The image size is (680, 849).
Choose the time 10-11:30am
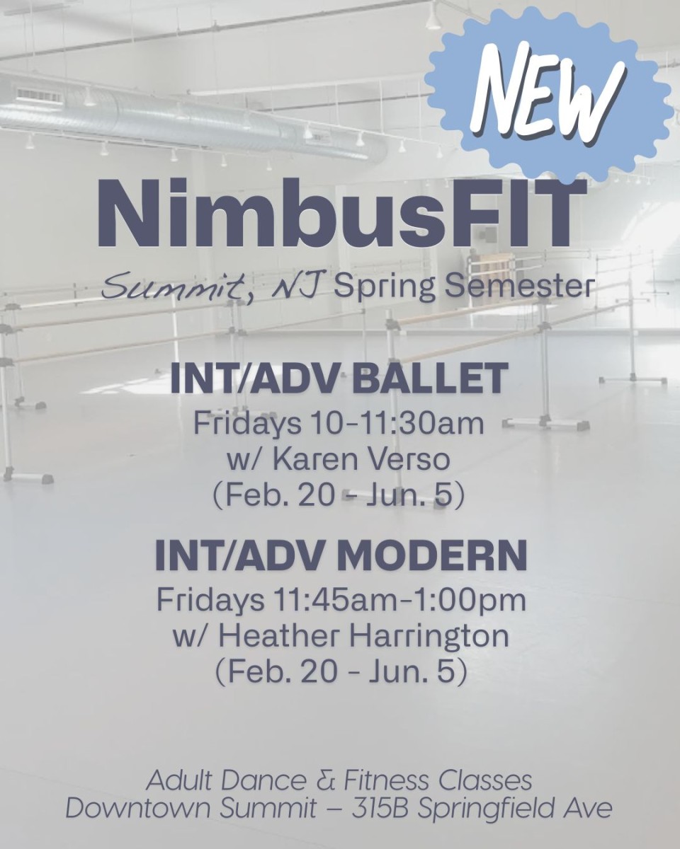[397, 424]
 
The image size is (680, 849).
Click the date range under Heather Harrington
[341, 671]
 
